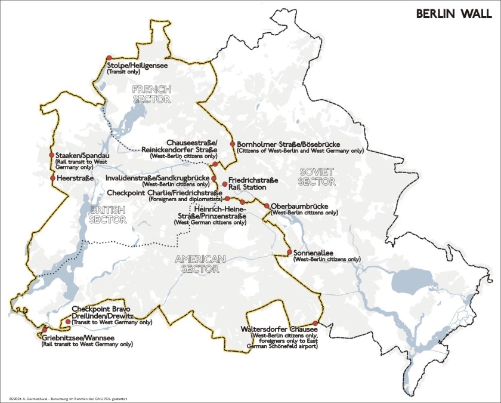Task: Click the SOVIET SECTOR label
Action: coord(317,176)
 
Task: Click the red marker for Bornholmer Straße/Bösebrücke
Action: coord(233,144)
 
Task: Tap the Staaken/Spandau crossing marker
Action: coord(52,155)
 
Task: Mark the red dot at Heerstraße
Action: coord(52,178)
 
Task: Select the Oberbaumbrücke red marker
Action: coord(267,206)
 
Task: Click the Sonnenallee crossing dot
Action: coord(289,253)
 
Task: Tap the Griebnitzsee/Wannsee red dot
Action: coord(45,330)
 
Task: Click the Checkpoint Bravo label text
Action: coord(101,309)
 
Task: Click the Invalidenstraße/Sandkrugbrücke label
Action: coord(157,178)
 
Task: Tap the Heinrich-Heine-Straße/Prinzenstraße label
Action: coord(209,213)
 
